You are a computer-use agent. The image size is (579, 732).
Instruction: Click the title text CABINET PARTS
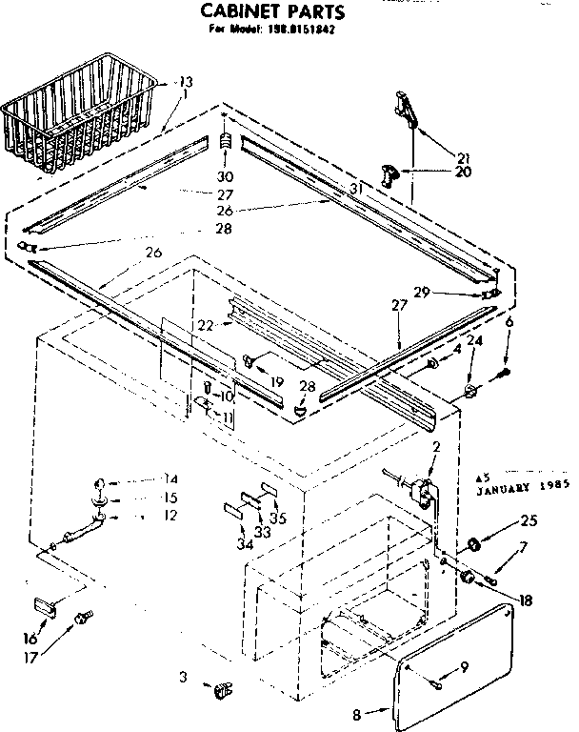[x=271, y=12]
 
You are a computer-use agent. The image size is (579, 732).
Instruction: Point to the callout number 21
[x=464, y=157]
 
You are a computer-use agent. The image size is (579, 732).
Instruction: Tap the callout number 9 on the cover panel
[x=466, y=668]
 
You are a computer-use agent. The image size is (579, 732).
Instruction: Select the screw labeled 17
[x=81, y=619]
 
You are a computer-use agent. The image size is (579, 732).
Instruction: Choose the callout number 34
[x=244, y=543]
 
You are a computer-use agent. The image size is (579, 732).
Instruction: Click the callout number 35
[x=278, y=518]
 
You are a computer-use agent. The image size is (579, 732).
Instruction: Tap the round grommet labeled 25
[x=471, y=545]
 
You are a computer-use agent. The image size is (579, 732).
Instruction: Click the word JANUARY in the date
[x=510, y=483]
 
